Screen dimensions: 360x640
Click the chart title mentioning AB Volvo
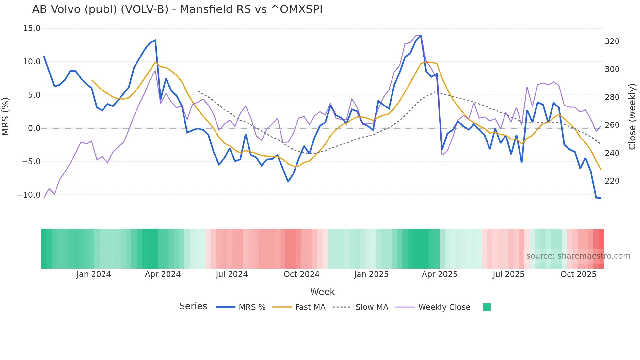177,9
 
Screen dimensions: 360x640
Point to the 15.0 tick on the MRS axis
32,28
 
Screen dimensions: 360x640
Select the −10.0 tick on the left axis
29,195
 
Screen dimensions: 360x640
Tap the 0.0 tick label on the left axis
34,128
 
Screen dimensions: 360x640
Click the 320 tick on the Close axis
612,41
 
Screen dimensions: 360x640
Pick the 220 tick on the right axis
612,181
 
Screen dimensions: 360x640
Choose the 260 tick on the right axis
612,125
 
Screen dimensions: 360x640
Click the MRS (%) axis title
6,116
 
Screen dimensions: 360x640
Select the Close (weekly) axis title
632,117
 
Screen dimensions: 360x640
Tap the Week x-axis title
322,292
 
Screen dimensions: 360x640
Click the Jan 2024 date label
94,274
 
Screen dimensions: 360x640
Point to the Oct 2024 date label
301,274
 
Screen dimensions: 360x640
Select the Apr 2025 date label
440,274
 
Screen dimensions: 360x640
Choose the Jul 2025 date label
508,274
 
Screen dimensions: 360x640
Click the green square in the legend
487,307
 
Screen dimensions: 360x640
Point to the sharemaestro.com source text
578,256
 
